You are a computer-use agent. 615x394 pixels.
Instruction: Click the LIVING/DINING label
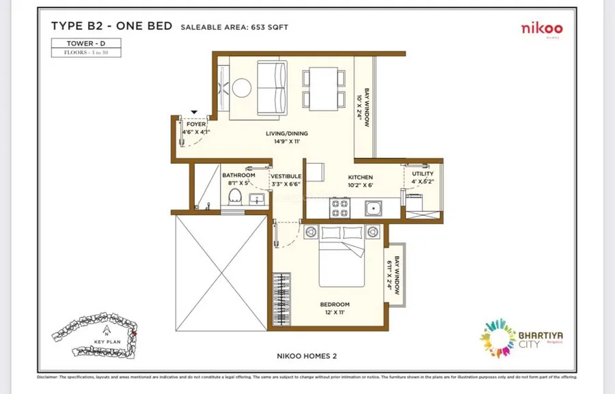click(x=287, y=134)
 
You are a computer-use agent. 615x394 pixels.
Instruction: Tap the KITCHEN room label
click(x=360, y=178)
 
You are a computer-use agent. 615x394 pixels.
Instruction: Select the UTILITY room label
click(x=422, y=174)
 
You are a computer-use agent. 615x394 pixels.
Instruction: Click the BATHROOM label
click(x=238, y=175)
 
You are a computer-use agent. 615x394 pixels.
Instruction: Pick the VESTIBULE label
click(x=286, y=176)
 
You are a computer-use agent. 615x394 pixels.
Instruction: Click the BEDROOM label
click(x=335, y=305)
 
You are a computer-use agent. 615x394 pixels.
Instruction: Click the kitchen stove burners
click(x=340, y=208)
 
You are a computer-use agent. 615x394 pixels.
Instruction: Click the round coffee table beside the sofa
click(x=241, y=87)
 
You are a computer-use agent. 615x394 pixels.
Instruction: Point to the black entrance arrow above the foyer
click(x=194, y=111)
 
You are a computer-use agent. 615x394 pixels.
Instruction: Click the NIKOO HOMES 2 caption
click(x=307, y=355)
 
